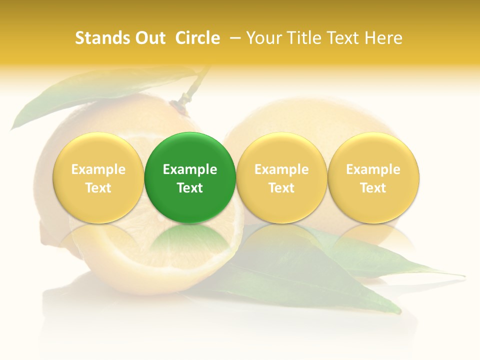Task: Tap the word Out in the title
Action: point(149,38)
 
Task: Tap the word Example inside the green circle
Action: point(190,169)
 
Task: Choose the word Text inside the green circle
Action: point(190,188)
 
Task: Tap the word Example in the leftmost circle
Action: point(98,169)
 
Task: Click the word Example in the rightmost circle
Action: point(373,169)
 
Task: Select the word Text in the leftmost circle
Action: point(98,188)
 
